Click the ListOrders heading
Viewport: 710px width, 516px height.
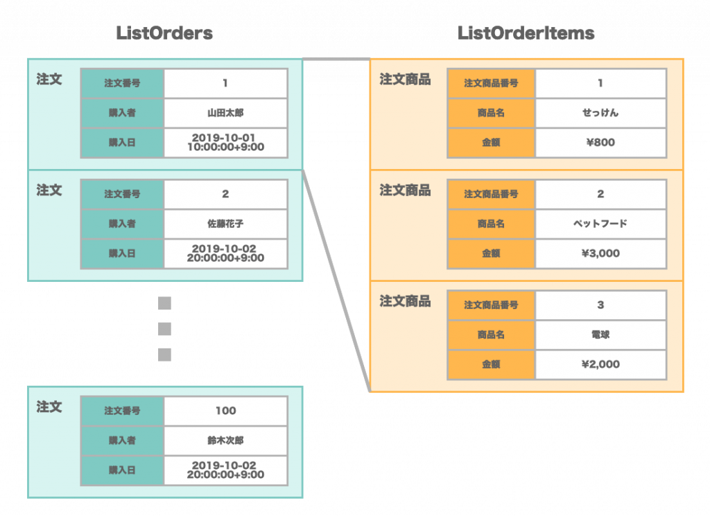coord(164,33)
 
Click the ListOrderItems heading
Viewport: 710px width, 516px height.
coord(526,33)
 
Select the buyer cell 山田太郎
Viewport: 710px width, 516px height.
coord(225,113)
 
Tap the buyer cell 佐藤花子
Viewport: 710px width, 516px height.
coord(225,224)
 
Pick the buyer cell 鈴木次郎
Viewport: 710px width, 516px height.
coord(225,440)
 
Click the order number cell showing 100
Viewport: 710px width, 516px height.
coord(225,411)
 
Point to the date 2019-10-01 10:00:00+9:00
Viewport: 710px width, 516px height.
coord(225,142)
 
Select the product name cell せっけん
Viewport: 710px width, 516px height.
coord(600,113)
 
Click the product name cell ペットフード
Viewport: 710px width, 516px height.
coord(600,224)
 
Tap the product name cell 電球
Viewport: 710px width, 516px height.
coord(600,335)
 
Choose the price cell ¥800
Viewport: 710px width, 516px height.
coord(600,143)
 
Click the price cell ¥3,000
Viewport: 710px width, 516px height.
coord(600,253)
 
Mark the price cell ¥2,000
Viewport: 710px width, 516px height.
coord(600,364)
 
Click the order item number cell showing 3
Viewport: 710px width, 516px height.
coord(600,305)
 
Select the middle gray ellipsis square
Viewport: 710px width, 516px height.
coord(164,329)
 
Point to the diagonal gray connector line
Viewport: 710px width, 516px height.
coord(336,281)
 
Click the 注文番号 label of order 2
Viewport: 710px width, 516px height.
coord(122,194)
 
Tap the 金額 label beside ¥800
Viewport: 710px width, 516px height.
coord(491,143)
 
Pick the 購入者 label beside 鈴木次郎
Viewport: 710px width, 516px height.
coord(122,440)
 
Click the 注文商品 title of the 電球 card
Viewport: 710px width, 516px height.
coord(405,301)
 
